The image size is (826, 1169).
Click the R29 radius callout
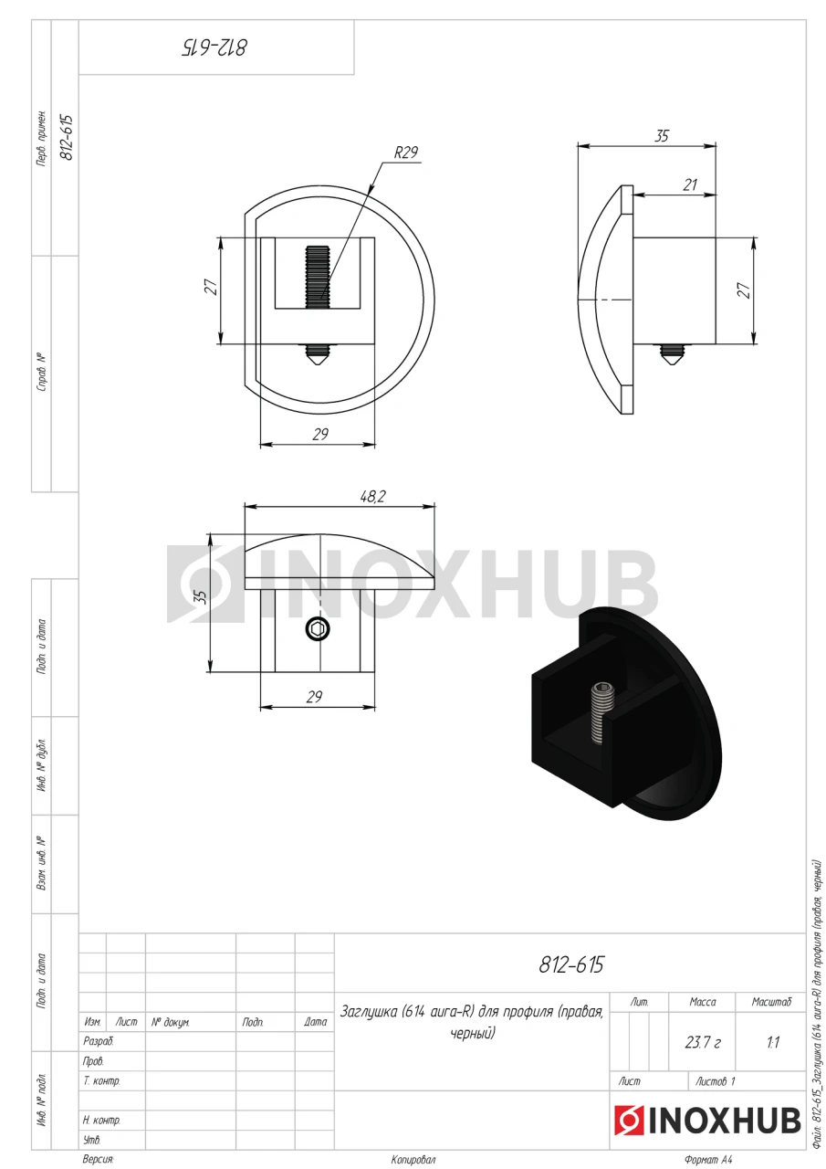(406, 153)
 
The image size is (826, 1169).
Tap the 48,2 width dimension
(372, 496)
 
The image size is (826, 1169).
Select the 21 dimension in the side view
(690, 184)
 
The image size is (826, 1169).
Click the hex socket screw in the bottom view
(318, 629)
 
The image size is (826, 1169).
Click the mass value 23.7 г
(703, 1042)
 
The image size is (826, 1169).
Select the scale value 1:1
(772, 1042)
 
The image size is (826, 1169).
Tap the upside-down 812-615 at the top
(214, 47)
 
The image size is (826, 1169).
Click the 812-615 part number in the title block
(571, 965)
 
